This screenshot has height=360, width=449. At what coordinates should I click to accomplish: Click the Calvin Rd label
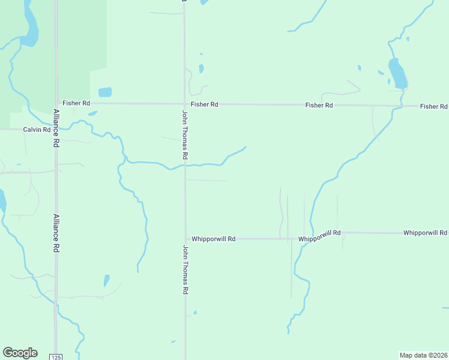tap(37, 130)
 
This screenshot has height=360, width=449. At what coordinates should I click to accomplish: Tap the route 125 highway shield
tap(56, 356)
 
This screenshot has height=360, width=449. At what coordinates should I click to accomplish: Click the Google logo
tap(20, 353)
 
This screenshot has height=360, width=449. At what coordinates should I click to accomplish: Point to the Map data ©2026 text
tap(423, 355)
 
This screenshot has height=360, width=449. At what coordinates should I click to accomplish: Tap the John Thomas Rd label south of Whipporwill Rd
tap(185, 269)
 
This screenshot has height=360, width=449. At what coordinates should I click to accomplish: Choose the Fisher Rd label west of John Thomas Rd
tap(76, 103)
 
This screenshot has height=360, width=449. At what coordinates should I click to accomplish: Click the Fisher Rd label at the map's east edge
tap(433, 106)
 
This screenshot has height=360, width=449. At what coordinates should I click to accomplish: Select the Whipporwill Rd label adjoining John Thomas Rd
tap(213, 239)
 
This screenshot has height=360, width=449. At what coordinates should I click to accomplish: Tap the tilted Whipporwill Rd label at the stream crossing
tap(319, 236)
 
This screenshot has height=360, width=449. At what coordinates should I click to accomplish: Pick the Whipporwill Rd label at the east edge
tap(425, 232)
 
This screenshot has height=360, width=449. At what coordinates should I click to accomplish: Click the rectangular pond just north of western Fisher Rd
tap(105, 92)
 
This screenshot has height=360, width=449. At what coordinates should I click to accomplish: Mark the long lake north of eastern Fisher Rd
tap(397, 74)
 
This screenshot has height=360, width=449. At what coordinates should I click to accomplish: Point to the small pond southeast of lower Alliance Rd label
tap(107, 280)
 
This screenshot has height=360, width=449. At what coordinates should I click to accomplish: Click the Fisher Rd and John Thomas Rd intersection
tap(184, 104)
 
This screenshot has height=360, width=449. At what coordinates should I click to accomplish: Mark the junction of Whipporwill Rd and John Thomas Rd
tap(185, 239)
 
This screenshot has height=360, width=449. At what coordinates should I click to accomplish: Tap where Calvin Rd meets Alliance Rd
tap(56, 130)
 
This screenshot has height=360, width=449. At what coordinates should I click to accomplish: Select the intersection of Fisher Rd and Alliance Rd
tap(56, 103)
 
